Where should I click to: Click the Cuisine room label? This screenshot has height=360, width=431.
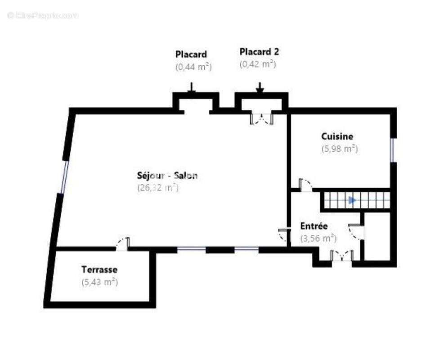[x=337, y=136]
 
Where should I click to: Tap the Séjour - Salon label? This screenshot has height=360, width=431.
[x=167, y=175]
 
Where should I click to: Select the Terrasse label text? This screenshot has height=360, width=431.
[x=99, y=270]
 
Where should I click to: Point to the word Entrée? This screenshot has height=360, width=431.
[x=314, y=226]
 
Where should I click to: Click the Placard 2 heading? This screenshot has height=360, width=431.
[x=259, y=52]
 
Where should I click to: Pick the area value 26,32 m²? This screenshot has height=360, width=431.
[x=158, y=188]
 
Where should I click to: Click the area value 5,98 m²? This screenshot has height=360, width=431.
[x=340, y=149]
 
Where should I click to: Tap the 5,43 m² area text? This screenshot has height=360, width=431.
[x=99, y=282]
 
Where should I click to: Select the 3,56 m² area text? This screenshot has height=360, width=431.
[x=319, y=238]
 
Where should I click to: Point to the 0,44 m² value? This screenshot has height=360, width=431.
[x=193, y=67]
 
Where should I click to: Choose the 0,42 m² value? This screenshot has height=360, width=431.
[x=257, y=64]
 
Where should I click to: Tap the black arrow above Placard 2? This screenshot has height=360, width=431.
[x=260, y=88]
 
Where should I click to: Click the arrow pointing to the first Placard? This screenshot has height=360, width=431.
[x=192, y=87]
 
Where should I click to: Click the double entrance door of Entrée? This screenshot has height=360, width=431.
[x=342, y=256]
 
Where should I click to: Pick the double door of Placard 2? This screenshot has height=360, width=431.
[x=261, y=118]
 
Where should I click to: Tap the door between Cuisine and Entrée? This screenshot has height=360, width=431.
[x=305, y=184]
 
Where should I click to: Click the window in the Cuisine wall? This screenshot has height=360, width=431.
[x=392, y=150]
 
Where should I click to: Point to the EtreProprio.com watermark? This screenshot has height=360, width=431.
[x=43, y=16]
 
